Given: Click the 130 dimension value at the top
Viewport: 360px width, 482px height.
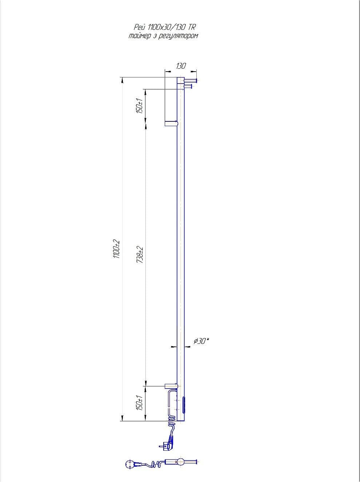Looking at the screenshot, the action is (x=181, y=66).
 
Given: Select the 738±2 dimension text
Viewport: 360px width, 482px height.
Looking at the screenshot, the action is (x=140, y=255).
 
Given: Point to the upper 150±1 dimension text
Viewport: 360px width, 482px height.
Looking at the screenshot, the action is (x=140, y=105).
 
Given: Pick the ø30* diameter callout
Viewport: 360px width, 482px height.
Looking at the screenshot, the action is (x=201, y=341).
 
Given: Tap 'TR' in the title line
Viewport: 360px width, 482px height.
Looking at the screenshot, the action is (x=191, y=27).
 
